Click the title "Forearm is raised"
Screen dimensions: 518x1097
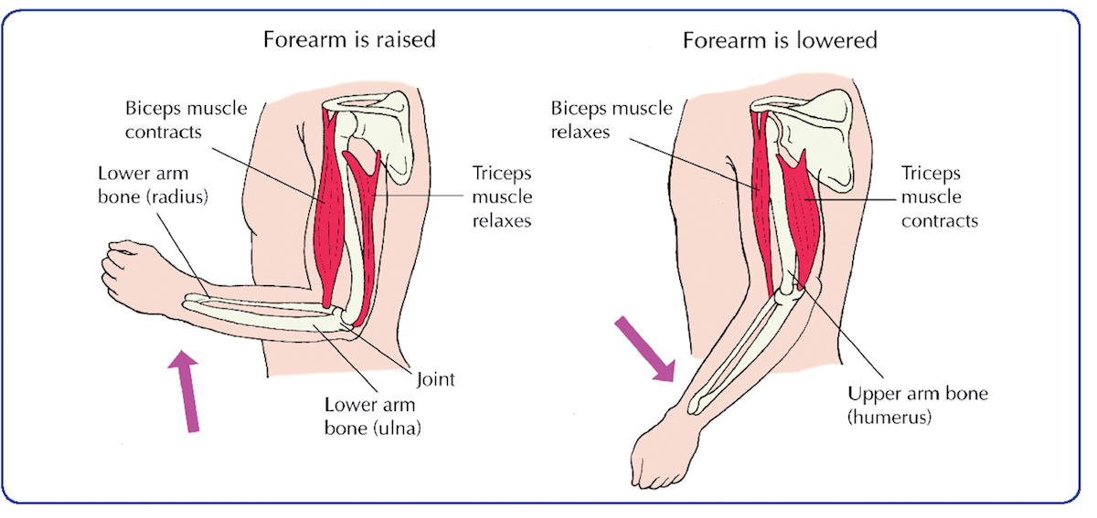348,40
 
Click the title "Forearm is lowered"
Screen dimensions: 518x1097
779,40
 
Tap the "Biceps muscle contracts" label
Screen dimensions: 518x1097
186,120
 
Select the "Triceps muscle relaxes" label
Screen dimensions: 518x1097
501,196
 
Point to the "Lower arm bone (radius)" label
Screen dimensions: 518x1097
154,184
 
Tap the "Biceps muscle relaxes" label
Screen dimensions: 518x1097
612,120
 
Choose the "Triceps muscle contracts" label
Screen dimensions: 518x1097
939,196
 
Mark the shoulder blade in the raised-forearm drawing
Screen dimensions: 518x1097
388,128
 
